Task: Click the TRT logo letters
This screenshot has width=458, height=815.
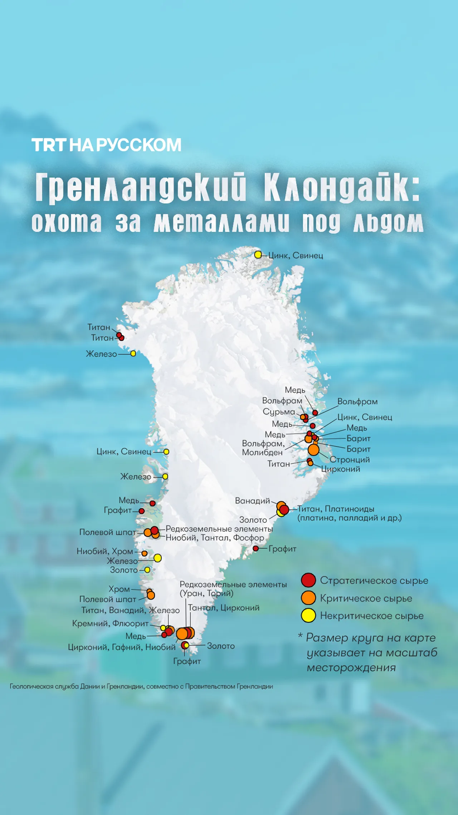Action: (49, 145)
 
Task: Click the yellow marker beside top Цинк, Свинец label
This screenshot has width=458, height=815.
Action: (258, 255)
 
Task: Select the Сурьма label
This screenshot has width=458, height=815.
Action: (279, 412)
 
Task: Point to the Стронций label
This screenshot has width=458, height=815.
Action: (350, 459)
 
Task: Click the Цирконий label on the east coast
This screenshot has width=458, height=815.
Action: (340, 469)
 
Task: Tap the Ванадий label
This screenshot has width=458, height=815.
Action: (252, 501)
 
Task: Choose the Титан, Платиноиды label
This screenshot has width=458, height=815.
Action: (336, 509)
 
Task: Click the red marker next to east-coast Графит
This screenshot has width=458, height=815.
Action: (255, 549)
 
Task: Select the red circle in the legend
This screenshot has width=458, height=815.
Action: (308, 580)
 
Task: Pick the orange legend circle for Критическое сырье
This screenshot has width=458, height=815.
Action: (308, 598)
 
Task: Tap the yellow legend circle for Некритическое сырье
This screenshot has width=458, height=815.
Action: (308, 616)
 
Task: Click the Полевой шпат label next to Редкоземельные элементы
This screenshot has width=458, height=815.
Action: (107, 532)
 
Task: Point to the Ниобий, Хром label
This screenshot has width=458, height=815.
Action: (104, 551)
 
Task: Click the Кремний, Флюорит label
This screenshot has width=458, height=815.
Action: (110, 623)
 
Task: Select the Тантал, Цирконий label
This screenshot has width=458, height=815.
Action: (224, 608)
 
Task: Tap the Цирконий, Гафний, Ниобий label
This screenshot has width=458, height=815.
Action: (122, 647)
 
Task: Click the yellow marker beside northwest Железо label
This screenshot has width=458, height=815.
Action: (133, 353)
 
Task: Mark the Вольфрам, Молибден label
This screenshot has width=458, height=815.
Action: (263, 448)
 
